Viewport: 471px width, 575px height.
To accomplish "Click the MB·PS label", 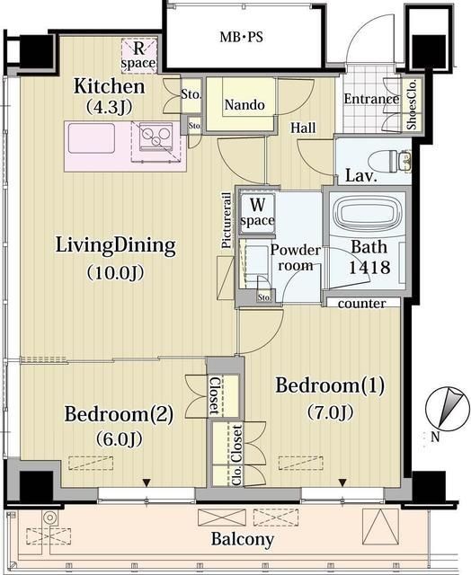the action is tap(242, 37).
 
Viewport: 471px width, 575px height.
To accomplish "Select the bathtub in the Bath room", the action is tap(368, 215).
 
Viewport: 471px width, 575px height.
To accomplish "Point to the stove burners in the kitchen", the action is tap(156, 136).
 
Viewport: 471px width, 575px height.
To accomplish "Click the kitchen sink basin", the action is tap(92, 137).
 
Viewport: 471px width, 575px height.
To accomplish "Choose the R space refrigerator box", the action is tap(138, 56).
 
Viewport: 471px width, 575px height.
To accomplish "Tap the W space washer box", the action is tap(257, 212).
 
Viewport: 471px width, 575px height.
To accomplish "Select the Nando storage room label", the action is tap(244, 105).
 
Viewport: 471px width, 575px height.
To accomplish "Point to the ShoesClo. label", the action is tap(413, 104).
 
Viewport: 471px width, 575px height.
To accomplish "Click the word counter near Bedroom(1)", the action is tap(361, 304).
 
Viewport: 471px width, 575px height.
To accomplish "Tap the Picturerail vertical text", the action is tap(227, 220).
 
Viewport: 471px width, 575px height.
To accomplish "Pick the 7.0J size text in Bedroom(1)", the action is tap(330, 411).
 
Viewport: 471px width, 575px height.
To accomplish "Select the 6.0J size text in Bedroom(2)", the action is tap(119, 438).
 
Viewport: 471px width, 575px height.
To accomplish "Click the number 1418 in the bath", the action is tap(369, 268).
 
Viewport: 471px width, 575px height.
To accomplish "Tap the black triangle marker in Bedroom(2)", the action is tap(147, 483).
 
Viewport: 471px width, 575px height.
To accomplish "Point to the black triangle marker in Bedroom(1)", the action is tap(342, 482).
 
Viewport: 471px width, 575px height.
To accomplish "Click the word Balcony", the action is tap(242, 539).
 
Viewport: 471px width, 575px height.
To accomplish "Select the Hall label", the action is tap(303, 128).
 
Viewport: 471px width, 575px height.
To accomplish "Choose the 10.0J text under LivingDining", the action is tap(115, 273).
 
